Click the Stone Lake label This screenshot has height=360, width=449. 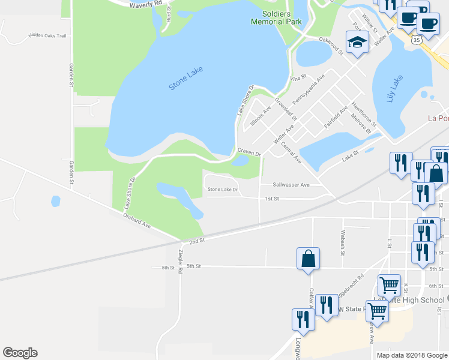coord(186,79)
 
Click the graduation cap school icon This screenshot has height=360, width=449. coord(357,43)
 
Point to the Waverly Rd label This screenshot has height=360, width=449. coord(146,4)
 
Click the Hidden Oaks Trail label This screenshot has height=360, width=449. coord(47,35)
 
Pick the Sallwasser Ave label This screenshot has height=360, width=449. coord(291,185)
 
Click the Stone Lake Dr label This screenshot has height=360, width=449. coord(223,190)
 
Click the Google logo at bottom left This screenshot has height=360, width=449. coord(20,353)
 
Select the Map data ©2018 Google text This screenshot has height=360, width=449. coord(412,355)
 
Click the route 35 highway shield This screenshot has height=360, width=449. coord(416,39)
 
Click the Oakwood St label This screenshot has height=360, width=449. coord(331,47)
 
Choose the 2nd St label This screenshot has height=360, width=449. coord(197,241)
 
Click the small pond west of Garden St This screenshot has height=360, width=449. coord(55,201)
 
